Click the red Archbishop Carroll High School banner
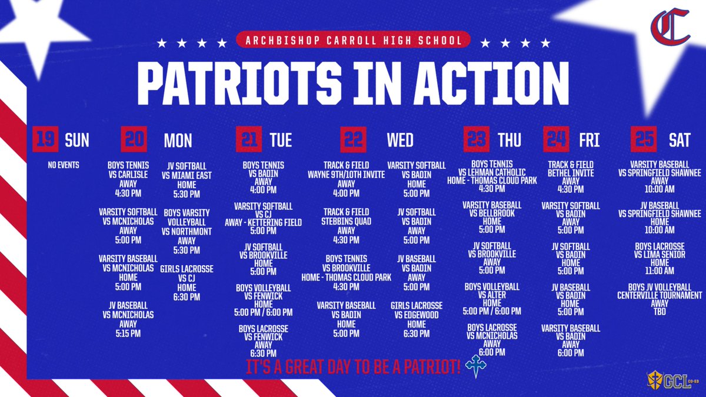tap(354, 40)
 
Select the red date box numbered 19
tap(45, 139)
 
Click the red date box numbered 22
tap(354, 139)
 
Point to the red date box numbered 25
tap(644, 139)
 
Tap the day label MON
tap(178, 141)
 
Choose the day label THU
tap(509, 140)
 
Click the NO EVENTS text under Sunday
tap(64, 165)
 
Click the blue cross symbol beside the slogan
tap(475, 366)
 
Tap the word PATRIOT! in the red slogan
tap(432, 367)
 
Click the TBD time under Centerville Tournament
tap(660, 312)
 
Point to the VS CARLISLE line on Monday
tap(128, 175)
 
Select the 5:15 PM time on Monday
tap(128, 333)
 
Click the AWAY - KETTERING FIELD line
tap(263, 222)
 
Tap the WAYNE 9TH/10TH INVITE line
tap(346, 175)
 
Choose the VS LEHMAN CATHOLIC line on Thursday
tap(492, 172)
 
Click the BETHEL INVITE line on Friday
tap(571, 173)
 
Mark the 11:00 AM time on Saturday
tap(660, 271)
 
